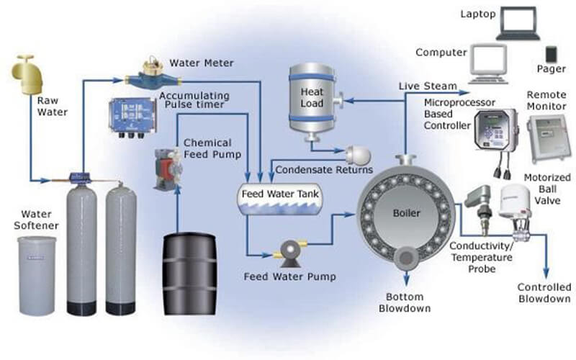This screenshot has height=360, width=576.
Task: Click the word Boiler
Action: (408, 212)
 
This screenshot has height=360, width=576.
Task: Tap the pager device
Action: (551, 55)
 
